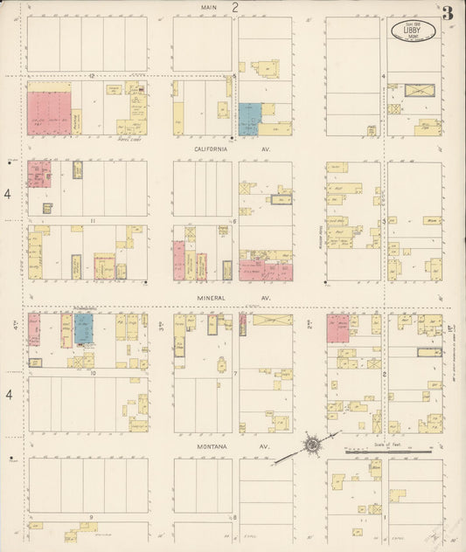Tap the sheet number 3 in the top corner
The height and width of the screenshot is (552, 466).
448,13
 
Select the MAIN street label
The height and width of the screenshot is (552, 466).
208,7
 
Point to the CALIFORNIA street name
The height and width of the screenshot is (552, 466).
204,149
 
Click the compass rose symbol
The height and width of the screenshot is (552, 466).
310,445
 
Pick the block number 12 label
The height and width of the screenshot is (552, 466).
91,76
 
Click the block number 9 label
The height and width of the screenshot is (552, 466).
91,518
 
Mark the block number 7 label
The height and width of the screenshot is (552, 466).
235,373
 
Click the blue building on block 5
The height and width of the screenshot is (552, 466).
249,118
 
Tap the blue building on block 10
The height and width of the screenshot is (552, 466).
83,329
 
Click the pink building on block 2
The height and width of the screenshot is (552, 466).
337,328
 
